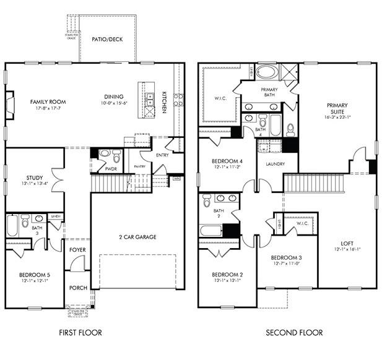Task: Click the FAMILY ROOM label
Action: pyautogui.click(x=48, y=102)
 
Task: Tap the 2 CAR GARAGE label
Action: pyautogui.click(x=137, y=237)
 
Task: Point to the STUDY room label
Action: pyautogui.click(x=17, y=178)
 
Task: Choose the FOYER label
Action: pyautogui.click(x=77, y=250)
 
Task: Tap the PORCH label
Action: pyautogui.click(x=77, y=287)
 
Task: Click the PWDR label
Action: pyautogui.click(x=111, y=168)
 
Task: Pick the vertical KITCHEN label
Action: pyautogui.click(x=165, y=102)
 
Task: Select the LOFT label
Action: pyautogui.click(x=347, y=243)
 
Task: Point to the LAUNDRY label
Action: pyautogui.click(x=274, y=164)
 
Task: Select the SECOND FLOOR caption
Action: pyautogui.click(x=294, y=333)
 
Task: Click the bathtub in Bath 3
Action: pyautogui.click(x=13, y=225)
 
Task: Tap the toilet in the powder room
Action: pyautogui.click(x=105, y=153)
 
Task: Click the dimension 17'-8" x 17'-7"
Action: pyautogui.click(x=48, y=109)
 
